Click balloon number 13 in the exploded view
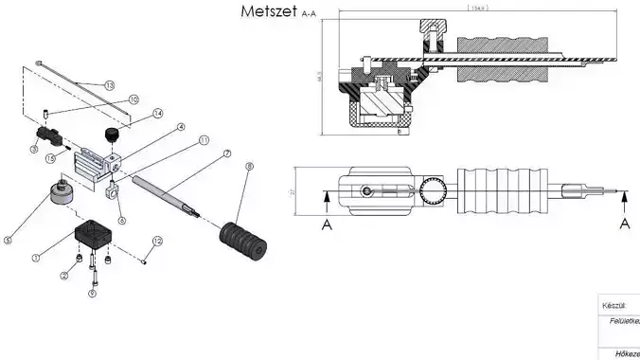tap(109, 86)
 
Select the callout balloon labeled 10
tap(133, 99)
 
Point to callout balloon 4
tap(181, 126)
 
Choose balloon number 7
tap(227, 153)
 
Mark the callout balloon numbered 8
tap(250, 168)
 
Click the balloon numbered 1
tap(36, 257)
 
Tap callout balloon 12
tap(157, 242)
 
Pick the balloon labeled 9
tap(92, 293)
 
